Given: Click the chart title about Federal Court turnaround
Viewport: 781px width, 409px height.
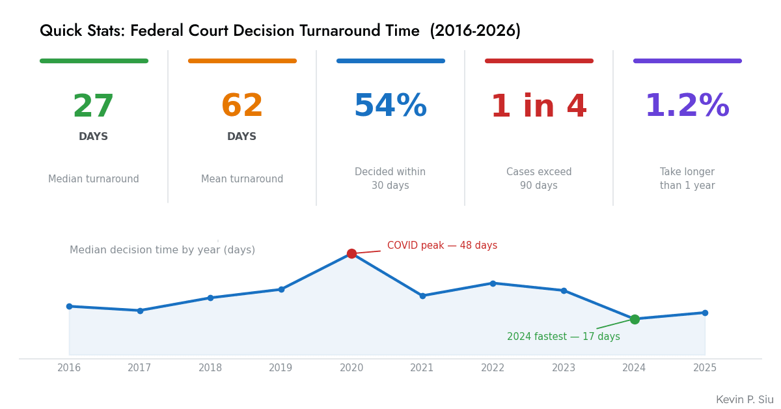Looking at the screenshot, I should (x=280, y=31).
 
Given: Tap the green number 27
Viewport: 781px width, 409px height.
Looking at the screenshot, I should (x=93, y=107).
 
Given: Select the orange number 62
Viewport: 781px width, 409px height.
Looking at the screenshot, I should (x=241, y=107).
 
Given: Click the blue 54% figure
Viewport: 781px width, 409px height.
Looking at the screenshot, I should (x=390, y=107).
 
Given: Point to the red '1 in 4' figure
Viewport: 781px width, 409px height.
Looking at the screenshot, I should (x=538, y=107).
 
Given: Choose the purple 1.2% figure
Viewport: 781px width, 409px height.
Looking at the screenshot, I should (x=687, y=107).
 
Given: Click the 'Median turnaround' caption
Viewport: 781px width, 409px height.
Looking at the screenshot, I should (x=93, y=179).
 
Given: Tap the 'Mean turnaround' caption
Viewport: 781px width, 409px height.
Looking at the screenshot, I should (x=241, y=179).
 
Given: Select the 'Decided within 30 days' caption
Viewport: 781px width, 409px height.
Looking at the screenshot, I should (x=390, y=179).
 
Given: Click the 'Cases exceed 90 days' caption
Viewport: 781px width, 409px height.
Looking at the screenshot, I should (x=538, y=179).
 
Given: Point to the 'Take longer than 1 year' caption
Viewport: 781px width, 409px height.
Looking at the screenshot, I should (x=687, y=179).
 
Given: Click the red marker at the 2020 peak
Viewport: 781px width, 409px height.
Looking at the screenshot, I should (x=351, y=253).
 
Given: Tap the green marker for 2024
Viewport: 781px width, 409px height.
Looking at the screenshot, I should (x=635, y=319).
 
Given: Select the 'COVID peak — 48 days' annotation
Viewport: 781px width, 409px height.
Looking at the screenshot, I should (x=442, y=246).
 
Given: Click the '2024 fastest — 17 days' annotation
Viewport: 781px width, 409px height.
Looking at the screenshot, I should (x=563, y=337).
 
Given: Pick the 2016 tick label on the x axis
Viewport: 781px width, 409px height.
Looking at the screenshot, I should (x=69, y=368).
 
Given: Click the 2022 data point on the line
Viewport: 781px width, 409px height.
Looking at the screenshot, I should (x=493, y=283).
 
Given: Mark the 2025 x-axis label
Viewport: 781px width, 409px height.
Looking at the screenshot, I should (x=705, y=368).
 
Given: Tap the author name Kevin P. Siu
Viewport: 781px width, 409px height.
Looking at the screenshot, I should (x=745, y=400).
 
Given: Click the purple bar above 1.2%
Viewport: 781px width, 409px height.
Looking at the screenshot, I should (x=687, y=61).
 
